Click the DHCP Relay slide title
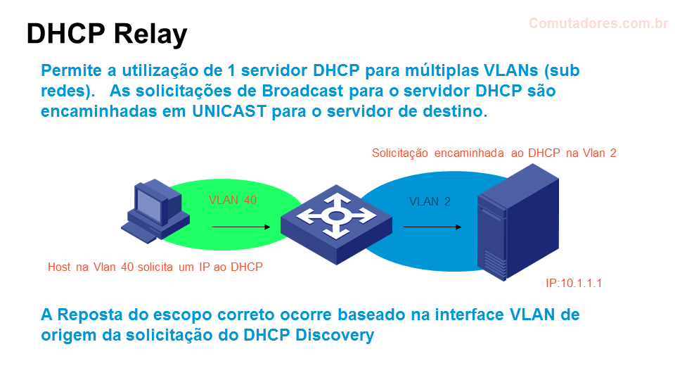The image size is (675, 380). tap(107, 34)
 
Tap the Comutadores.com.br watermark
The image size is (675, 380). tap(598, 23)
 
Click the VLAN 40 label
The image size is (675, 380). tap(233, 200)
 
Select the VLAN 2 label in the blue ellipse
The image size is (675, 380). tap(430, 201)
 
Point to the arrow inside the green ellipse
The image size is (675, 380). tap(241, 227)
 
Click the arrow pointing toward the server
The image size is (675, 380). tap(432, 227)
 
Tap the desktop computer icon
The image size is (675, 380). tap(155, 211)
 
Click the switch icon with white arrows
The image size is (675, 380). tap(336, 224)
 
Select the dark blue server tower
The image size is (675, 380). tap(518, 222)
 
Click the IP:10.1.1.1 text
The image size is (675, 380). tap(574, 283)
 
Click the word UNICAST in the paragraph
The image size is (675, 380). tap(229, 111)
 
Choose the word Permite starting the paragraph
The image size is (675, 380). tap(71, 70)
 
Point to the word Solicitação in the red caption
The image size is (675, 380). tap(400, 153)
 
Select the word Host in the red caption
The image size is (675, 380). tap(59, 267)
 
